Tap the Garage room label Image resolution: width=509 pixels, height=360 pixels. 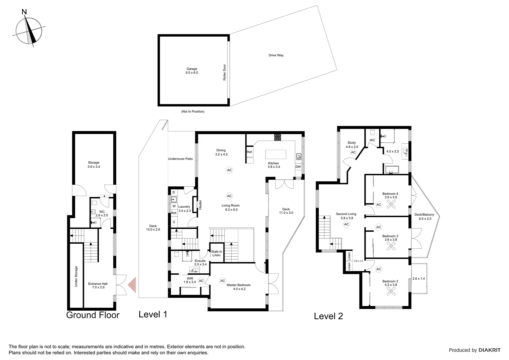pyautogui.click(x=192, y=71)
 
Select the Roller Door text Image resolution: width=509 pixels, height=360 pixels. pyautogui.click(x=225, y=72)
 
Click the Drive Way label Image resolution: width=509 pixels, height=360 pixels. pyautogui.click(x=276, y=55)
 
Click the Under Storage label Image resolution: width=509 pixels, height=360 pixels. pyautogui.click(x=76, y=276)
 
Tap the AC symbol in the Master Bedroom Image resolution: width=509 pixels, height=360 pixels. pyautogui.click(x=223, y=281)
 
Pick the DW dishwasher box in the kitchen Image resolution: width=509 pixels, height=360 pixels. pyautogui.click(x=298, y=167)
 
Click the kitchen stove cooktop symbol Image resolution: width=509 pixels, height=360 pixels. pyautogui.click(x=278, y=137)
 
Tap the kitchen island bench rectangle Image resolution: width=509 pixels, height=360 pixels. pyautogui.click(x=275, y=155)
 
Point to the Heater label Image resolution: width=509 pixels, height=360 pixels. pyautogui.click(x=201, y=204)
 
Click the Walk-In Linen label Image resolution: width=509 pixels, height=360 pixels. pyautogui.click(x=216, y=253)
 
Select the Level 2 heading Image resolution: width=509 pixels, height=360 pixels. pyautogui.click(x=328, y=316)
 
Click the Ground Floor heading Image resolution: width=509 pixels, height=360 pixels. pyautogui.click(x=93, y=315)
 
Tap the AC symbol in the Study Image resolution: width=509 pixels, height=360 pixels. pyautogui.click(x=353, y=152)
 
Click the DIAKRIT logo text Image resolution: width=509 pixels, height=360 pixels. pyautogui.click(x=489, y=350)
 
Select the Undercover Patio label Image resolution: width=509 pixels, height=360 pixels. pyautogui.click(x=180, y=159)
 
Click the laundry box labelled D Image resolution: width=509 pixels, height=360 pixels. pyautogui.click(x=174, y=192)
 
